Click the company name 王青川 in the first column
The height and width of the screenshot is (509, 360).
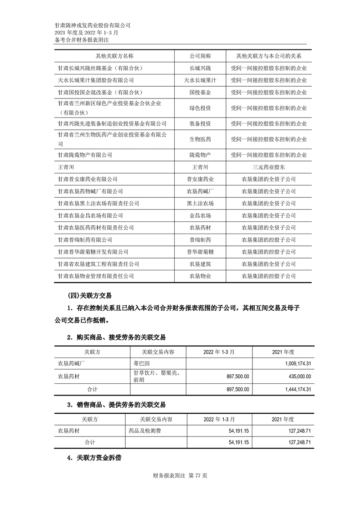(x=67, y=167)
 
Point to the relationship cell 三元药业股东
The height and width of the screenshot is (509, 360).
(x=268, y=167)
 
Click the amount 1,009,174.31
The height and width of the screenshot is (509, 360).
(x=292, y=363)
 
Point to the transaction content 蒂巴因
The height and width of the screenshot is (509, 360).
(x=142, y=363)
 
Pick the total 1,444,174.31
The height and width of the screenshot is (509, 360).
(x=292, y=389)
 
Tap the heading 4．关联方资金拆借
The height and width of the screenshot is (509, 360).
(x=94, y=458)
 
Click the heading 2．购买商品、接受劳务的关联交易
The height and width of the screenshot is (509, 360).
(x=116, y=337)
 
